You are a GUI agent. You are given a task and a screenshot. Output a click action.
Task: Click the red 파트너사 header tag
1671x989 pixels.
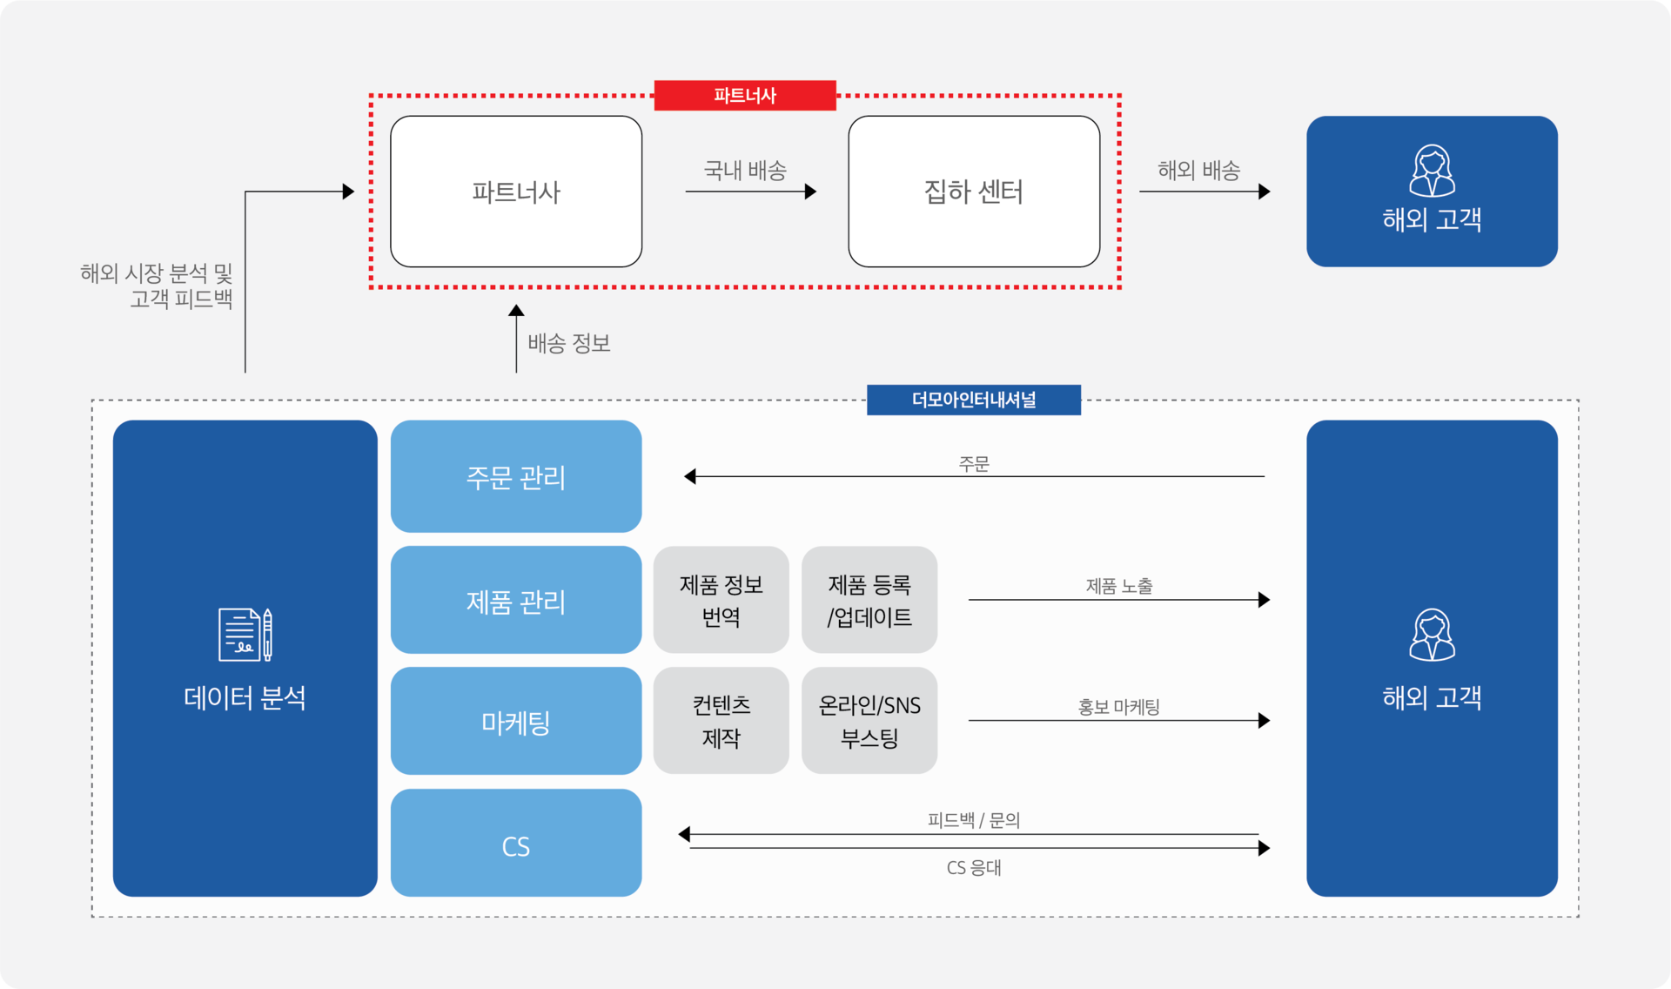click(745, 95)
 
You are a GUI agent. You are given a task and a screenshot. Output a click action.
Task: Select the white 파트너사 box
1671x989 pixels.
click(516, 192)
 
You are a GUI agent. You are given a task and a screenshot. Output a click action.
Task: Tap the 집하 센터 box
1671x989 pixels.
click(974, 192)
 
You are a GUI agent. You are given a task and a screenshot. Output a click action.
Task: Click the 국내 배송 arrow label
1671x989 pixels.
click(745, 170)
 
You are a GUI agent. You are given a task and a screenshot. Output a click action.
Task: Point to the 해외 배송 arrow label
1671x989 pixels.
click(1198, 170)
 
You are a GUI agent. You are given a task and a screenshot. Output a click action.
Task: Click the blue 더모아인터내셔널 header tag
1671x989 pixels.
click(974, 400)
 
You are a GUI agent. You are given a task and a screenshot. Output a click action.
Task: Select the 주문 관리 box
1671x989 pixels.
click(516, 476)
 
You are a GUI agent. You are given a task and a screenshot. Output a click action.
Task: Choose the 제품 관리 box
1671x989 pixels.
click(516, 600)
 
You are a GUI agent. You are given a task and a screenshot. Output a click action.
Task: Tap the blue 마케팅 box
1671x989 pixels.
click(516, 721)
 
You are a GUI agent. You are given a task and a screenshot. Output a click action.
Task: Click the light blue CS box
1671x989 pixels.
click(516, 843)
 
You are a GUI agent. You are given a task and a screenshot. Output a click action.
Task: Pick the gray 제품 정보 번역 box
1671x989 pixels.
click(721, 600)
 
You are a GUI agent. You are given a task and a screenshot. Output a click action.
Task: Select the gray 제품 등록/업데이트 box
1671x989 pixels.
click(869, 600)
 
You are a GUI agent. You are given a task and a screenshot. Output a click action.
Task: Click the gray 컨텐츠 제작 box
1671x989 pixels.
click(721, 721)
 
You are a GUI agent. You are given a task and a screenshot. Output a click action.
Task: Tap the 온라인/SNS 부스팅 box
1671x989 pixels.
click(869, 721)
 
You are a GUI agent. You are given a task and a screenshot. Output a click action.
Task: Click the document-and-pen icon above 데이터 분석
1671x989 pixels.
click(245, 635)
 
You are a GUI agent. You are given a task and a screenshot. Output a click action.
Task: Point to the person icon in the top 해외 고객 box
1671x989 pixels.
click(1432, 171)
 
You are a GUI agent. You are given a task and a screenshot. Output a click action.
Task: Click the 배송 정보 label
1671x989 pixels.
click(569, 343)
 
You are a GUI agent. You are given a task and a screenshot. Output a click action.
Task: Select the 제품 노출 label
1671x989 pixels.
click(1119, 586)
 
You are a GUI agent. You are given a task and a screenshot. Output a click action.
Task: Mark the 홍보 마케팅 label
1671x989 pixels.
click(1119, 707)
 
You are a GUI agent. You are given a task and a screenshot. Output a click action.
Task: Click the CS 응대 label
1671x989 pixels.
click(974, 868)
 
